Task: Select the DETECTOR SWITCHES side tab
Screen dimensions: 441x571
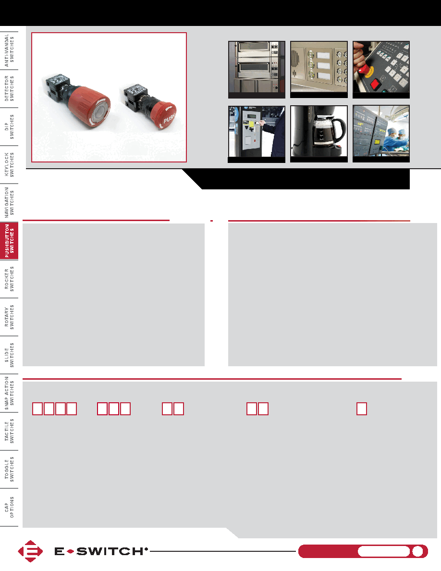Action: [x=9, y=88]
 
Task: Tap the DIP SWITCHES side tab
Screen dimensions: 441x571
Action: [x=9, y=127]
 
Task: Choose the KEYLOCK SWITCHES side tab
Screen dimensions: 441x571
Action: [x=9, y=164]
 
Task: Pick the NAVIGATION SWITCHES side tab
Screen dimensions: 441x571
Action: [x=9, y=202]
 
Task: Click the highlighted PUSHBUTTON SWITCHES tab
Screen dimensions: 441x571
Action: [x=9, y=241]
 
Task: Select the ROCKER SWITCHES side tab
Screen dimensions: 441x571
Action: [x=9, y=279]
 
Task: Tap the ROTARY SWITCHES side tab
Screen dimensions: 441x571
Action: [x=9, y=317]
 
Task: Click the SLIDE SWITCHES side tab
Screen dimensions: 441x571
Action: [x=9, y=355]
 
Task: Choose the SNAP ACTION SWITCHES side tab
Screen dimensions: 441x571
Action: [x=9, y=393]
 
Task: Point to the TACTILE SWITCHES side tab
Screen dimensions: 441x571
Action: [x=9, y=431]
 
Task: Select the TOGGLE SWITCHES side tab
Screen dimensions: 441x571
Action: [x=9, y=470]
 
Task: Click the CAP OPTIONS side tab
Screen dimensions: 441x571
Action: [x=9, y=507]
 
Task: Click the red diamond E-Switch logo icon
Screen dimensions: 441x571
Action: [x=31, y=551]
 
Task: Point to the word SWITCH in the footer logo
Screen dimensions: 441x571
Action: [x=110, y=551]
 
